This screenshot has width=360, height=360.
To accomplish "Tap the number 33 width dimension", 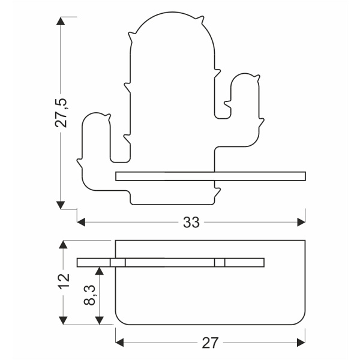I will point(191,223).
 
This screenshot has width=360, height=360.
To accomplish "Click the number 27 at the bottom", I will point(209,343).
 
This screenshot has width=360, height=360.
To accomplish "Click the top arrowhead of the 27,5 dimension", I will point(61,22).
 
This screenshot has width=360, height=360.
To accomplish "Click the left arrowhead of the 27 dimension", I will point(119,343).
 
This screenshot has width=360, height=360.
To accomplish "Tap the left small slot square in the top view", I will point(118,262).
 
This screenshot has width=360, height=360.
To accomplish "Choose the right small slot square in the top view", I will point(220,262).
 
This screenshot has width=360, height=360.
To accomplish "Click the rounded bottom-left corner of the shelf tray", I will point(118,319).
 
